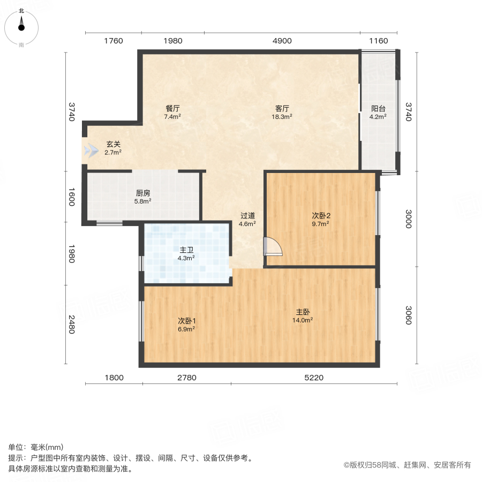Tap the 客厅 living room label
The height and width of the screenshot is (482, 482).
281,108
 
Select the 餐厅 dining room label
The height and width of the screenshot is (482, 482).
172,108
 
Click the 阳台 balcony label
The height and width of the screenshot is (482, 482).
378,107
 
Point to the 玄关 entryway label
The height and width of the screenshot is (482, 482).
112,144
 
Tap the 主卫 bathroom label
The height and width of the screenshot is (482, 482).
186,249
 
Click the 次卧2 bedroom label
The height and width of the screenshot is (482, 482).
320,215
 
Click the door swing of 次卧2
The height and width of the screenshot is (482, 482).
273,246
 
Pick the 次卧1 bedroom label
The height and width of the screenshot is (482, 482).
186,321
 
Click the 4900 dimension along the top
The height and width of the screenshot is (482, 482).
282,41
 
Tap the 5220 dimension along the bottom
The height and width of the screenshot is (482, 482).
314,378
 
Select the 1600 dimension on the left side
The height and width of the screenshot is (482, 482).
71,196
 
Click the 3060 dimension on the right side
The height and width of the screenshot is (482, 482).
409,315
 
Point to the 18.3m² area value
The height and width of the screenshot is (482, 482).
281,116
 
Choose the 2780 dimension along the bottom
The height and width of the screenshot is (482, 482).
187,378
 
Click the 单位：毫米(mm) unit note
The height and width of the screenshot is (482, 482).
35,447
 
